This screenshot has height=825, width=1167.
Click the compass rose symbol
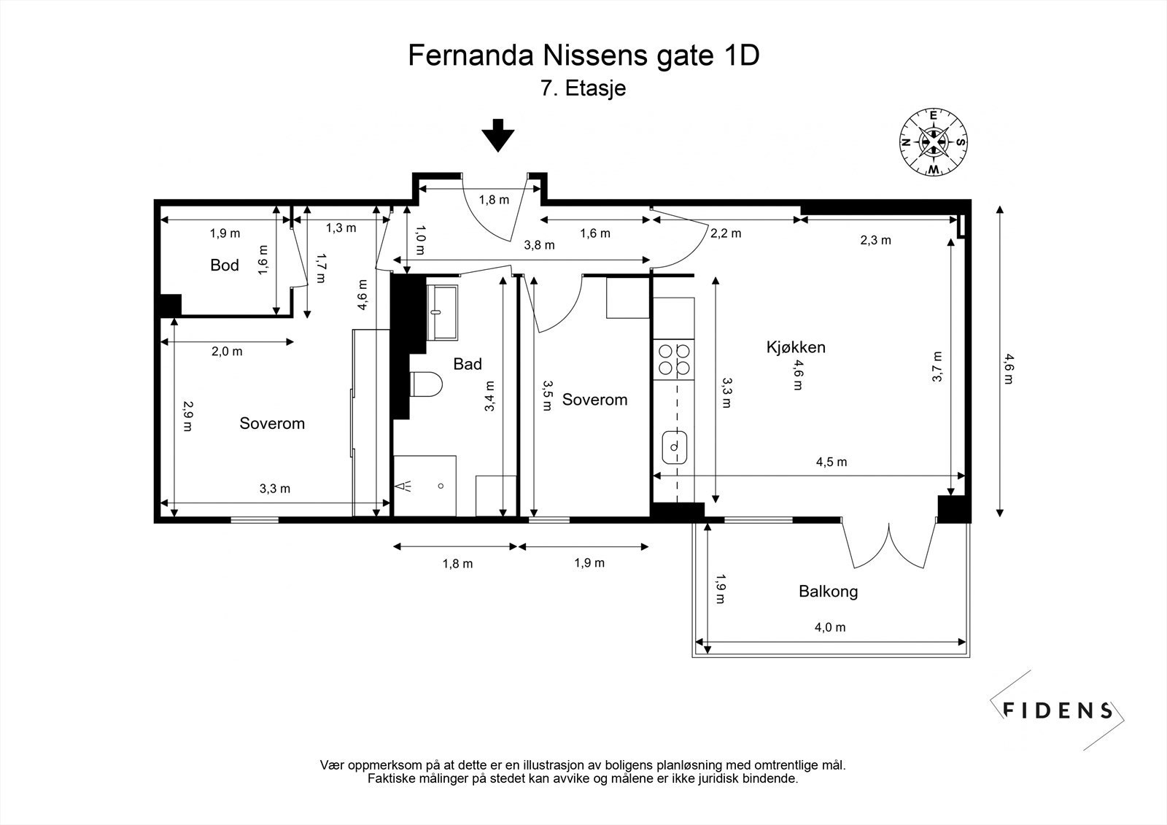coord(933,142)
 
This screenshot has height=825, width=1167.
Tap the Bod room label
coord(225,265)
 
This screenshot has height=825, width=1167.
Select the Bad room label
coord(468,363)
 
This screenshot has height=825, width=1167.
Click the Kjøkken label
coord(796,346)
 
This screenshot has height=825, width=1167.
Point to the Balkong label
coord(828,591)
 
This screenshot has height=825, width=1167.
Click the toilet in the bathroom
coord(426,384)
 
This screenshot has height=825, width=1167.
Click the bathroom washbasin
coord(442,311)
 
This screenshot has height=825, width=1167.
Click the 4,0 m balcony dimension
coord(830,627)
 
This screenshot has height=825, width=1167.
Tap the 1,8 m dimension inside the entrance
coord(494,200)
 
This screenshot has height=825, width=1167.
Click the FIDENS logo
coord(1057,710)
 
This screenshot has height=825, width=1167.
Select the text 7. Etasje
coord(583,89)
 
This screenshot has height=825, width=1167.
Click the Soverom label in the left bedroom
coord(272,423)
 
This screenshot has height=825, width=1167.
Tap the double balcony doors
coord(888,543)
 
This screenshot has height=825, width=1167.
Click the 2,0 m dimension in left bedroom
coord(226,352)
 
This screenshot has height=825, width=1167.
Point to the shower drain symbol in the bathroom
coord(441,486)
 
